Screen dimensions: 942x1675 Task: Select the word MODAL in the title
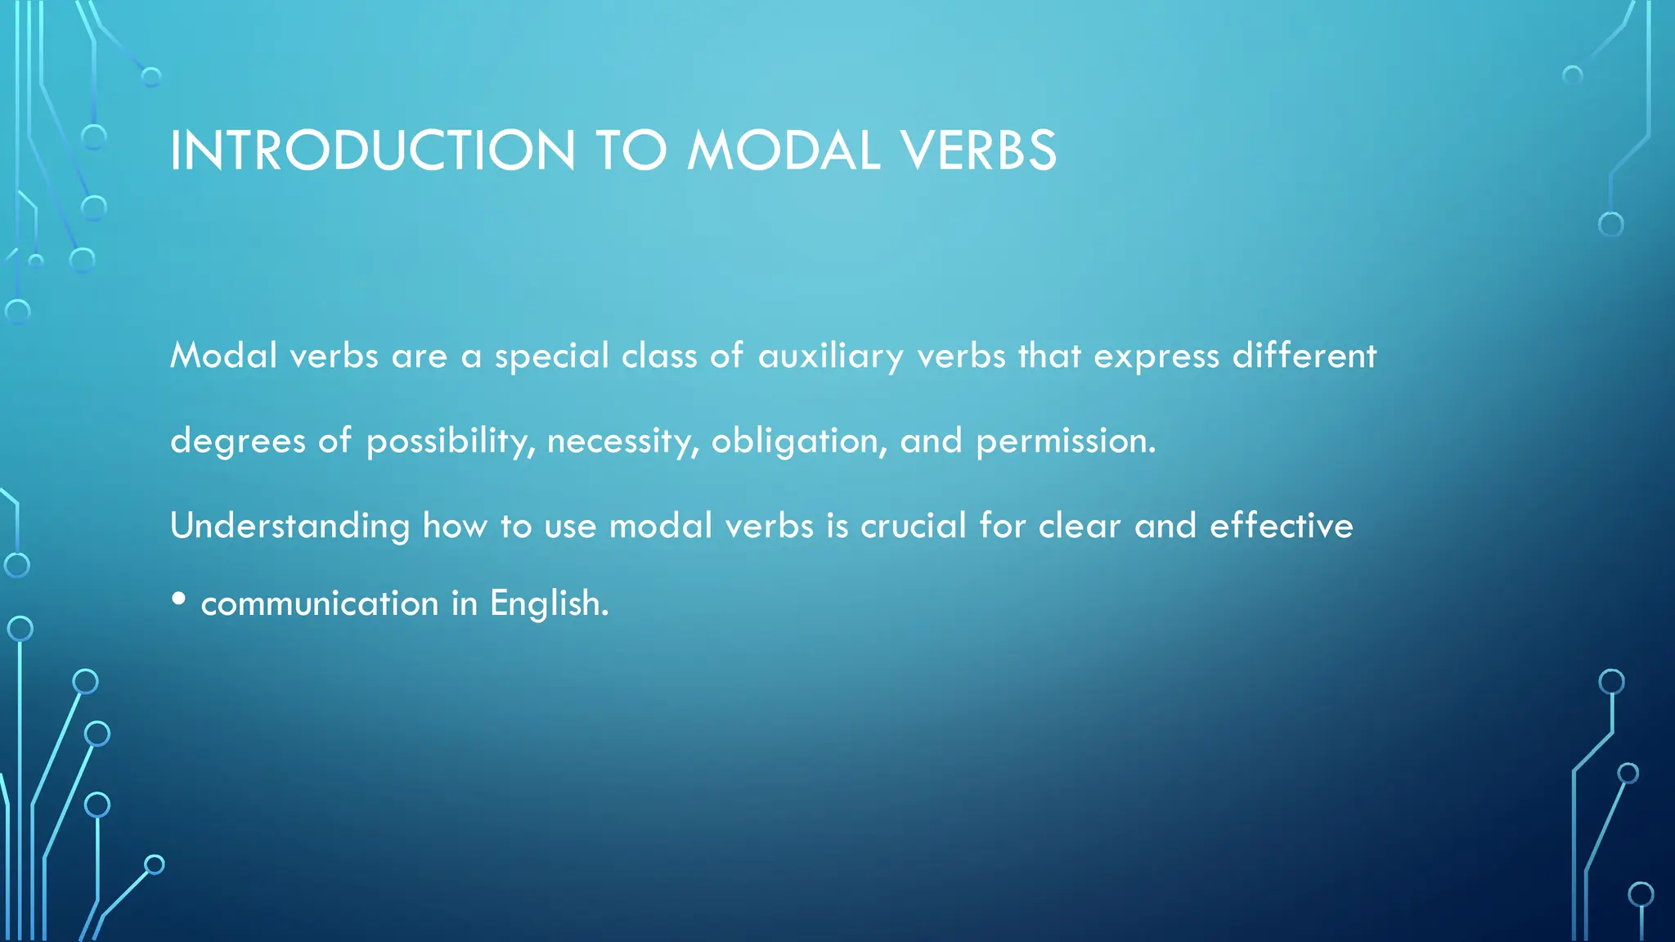coord(784,151)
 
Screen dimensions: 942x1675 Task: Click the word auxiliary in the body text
coord(830,357)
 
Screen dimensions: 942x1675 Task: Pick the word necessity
coord(622,442)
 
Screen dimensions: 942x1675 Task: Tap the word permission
coord(1065,442)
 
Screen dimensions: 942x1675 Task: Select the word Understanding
coord(290,526)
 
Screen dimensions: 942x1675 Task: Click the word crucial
coord(914,526)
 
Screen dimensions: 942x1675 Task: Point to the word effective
coord(1281,526)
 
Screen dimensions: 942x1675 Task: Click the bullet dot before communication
coord(179,599)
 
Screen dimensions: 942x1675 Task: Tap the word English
coord(549,603)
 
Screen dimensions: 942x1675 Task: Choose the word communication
coord(320,603)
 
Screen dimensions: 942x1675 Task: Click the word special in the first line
coord(552,357)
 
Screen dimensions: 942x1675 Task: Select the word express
coord(1156,357)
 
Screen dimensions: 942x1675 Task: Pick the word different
coord(1305,357)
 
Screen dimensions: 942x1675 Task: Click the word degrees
coord(238,442)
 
